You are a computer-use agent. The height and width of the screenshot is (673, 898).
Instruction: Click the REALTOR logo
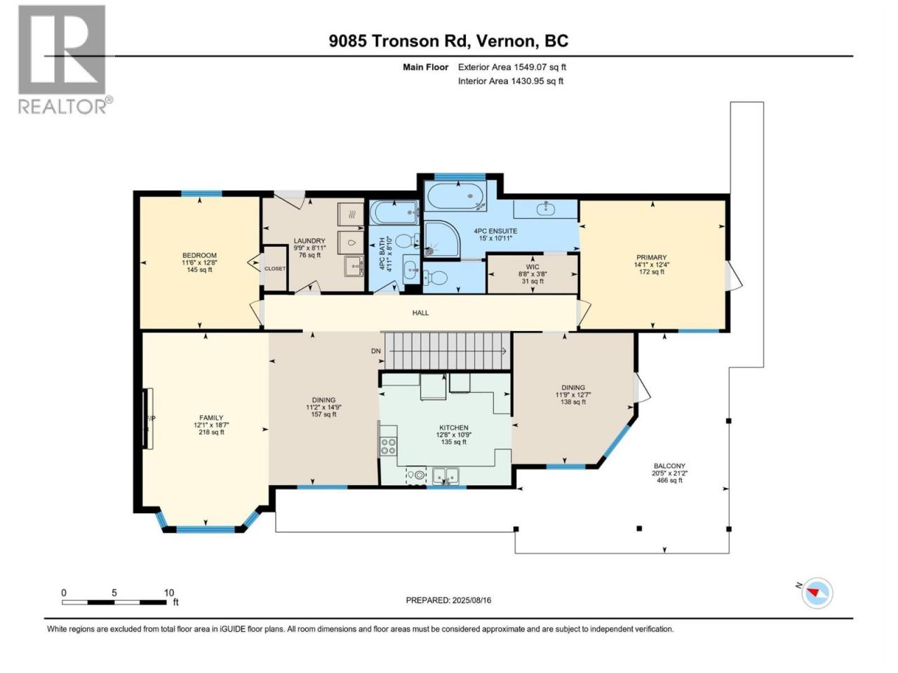tap(65, 60)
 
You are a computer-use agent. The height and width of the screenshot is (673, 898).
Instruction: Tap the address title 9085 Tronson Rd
tap(397, 41)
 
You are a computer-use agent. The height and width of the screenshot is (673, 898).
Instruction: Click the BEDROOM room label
tap(200, 255)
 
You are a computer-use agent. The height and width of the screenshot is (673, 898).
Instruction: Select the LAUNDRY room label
tap(309, 241)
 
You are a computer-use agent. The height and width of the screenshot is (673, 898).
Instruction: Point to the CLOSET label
tap(275, 268)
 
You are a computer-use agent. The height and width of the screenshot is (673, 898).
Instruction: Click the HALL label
tap(420, 313)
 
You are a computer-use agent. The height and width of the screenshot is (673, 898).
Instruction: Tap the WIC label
tap(532, 267)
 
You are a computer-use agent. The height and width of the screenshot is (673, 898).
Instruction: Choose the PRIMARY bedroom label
tap(651, 257)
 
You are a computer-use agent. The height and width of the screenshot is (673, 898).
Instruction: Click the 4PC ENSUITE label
tap(495, 231)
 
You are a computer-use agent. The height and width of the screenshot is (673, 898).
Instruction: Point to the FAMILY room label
tap(211, 418)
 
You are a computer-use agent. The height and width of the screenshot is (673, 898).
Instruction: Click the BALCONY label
tap(669, 465)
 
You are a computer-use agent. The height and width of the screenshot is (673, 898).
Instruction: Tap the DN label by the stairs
tap(375, 351)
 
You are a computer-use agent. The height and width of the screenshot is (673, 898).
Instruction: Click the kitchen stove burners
tap(388, 446)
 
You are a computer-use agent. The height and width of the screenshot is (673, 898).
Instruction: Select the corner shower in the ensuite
tap(442, 239)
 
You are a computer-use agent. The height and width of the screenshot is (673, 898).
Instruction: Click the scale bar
tap(114, 602)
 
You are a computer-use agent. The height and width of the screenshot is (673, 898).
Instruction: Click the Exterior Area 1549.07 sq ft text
tap(512, 67)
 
